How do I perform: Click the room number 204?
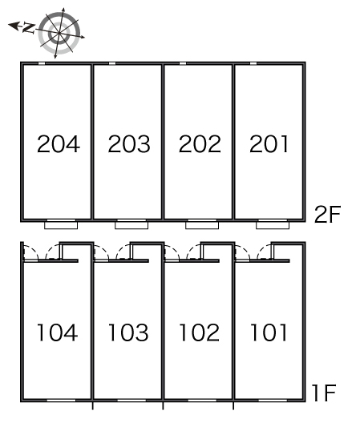59,143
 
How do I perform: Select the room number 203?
129,143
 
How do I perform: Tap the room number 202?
200,143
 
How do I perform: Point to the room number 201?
269,143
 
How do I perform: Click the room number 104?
57,332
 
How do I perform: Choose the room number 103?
128,332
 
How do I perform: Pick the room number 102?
199,332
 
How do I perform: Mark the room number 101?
269,332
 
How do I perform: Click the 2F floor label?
328,214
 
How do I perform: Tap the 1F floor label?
324,393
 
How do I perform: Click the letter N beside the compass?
28,28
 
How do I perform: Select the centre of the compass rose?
59,33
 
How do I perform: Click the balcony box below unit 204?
61,225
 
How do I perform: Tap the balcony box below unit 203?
131,225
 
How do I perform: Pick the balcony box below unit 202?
202,225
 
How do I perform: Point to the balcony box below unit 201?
273,225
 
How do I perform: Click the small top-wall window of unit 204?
42,63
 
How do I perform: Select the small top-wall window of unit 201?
253,63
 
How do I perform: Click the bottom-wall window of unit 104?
61,401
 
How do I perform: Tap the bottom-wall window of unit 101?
273,401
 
